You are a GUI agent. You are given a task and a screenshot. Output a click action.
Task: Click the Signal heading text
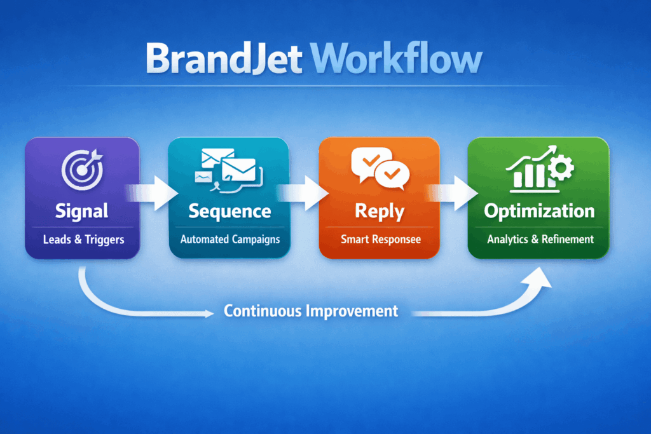81,210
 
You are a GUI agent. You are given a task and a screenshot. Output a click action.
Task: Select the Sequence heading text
229,210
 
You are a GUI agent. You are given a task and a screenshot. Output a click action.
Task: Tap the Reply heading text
379,211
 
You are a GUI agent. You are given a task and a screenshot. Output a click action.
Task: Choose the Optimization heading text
539,211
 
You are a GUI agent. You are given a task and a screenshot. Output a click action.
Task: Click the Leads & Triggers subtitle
81,240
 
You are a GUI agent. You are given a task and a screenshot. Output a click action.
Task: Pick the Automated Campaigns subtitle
230,240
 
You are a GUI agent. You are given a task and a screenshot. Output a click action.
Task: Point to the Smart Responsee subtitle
379,240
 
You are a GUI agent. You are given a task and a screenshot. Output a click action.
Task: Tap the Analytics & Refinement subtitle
540,240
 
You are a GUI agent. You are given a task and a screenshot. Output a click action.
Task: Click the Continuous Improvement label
311,311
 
